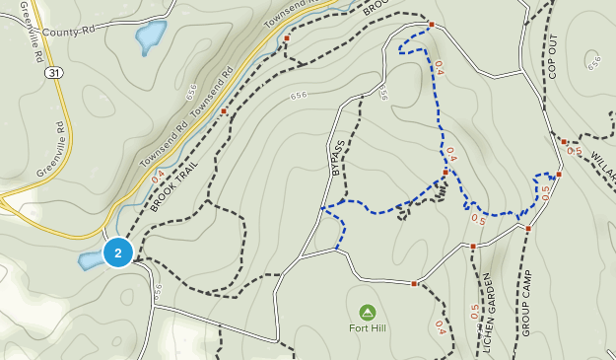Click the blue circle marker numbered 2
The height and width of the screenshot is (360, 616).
point(118,253)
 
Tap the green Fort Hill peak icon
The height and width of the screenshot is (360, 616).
point(368,313)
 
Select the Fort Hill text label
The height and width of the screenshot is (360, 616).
point(368,328)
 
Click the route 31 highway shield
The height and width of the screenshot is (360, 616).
point(53,73)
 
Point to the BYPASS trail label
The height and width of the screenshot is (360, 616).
point(339,159)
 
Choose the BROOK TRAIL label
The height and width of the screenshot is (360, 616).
point(174,185)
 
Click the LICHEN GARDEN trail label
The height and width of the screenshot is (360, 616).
point(487,305)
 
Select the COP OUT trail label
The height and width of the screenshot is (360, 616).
point(552,57)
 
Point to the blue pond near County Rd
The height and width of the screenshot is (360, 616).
point(151,37)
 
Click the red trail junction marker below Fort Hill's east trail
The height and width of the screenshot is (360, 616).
point(414,284)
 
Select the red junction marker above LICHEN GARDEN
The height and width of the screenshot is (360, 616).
point(473,246)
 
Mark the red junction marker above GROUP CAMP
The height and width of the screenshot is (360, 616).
point(528,229)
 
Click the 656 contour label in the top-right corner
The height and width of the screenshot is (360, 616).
point(593,63)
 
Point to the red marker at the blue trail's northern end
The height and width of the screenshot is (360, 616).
point(431,25)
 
